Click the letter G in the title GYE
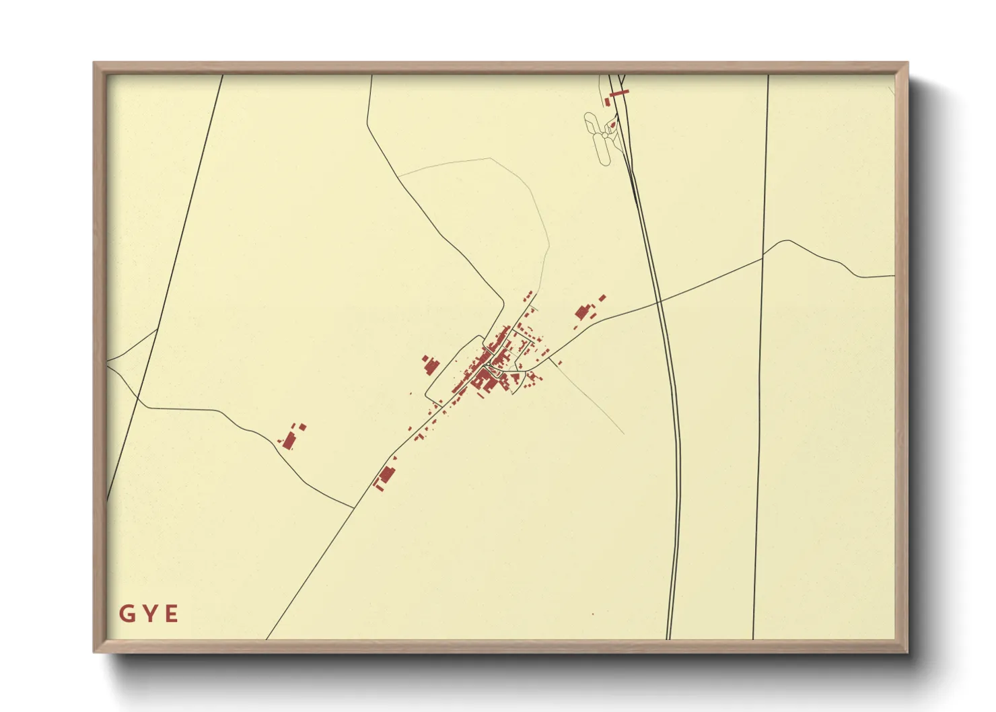click(126, 614)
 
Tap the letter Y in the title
click(149, 614)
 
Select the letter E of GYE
click(172, 614)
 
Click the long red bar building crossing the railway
click(618, 92)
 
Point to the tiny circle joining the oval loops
click(605, 135)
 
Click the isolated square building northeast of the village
click(602, 297)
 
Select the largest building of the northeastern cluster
click(582, 312)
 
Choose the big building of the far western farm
click(289, 441)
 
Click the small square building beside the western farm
click(302, 427)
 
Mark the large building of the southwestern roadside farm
click(386, 474)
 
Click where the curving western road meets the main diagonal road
click(353, 507)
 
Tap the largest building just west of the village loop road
click(430, 367)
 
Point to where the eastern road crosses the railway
click(660, 302)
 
